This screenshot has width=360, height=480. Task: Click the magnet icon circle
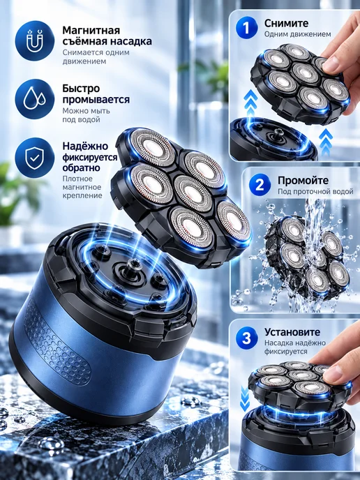(x=35, y=40)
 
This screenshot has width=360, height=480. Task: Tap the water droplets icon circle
(x=35, y=99)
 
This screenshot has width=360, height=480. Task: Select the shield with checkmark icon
(x=35, y=158)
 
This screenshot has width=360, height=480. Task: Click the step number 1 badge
(x=247, y=28)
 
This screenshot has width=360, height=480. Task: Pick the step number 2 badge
(x=260, y=185)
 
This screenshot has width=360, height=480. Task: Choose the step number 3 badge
(x=247, y=338)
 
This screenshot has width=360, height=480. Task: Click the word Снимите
(x=286, y=23)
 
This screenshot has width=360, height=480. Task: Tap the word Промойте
(x=303, y=180)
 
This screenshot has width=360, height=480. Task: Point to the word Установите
(x=292, y=332)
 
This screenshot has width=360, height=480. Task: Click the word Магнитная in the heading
(x=91, y=30)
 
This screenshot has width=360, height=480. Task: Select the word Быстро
(x=81, y=89)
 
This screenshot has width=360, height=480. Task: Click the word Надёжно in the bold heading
(x=85, y=146)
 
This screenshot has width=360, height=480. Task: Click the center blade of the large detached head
(x=193, y=193)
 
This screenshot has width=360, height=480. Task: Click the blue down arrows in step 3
(x=245, y=398)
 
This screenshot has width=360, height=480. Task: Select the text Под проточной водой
(x=315, y=192)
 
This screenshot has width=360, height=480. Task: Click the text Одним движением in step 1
(x=297, y=34)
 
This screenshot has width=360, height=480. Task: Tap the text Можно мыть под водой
(x=86, y=115)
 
